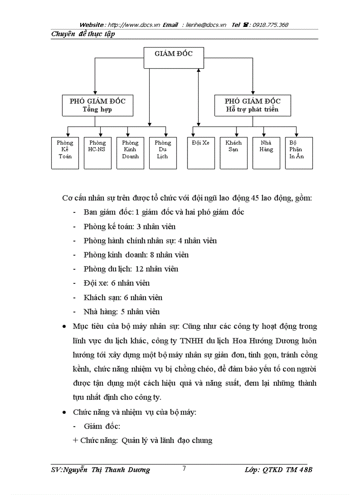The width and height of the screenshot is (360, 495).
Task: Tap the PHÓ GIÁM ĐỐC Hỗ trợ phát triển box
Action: point(252,105)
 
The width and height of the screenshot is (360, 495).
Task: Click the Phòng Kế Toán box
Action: point(65,153)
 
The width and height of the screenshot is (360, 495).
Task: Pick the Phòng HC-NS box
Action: point(97,153)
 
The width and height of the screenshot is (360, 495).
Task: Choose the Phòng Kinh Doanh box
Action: point(130,153)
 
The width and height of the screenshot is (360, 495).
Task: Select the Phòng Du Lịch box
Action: point(163,153)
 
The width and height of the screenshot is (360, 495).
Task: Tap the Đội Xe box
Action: point(201,153)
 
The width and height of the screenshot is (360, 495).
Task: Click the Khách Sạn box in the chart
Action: point(233,153)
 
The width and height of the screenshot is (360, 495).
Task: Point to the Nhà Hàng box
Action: point(266,153)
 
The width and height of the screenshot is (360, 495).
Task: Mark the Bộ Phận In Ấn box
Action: point(299,153)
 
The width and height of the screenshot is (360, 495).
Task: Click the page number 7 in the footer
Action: point(184,469)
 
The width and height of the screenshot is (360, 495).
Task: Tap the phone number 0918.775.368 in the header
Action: point(270,25)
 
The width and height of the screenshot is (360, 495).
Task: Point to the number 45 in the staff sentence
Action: point(255,198)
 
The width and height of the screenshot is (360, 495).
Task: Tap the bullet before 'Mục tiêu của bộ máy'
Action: point(65,327)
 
